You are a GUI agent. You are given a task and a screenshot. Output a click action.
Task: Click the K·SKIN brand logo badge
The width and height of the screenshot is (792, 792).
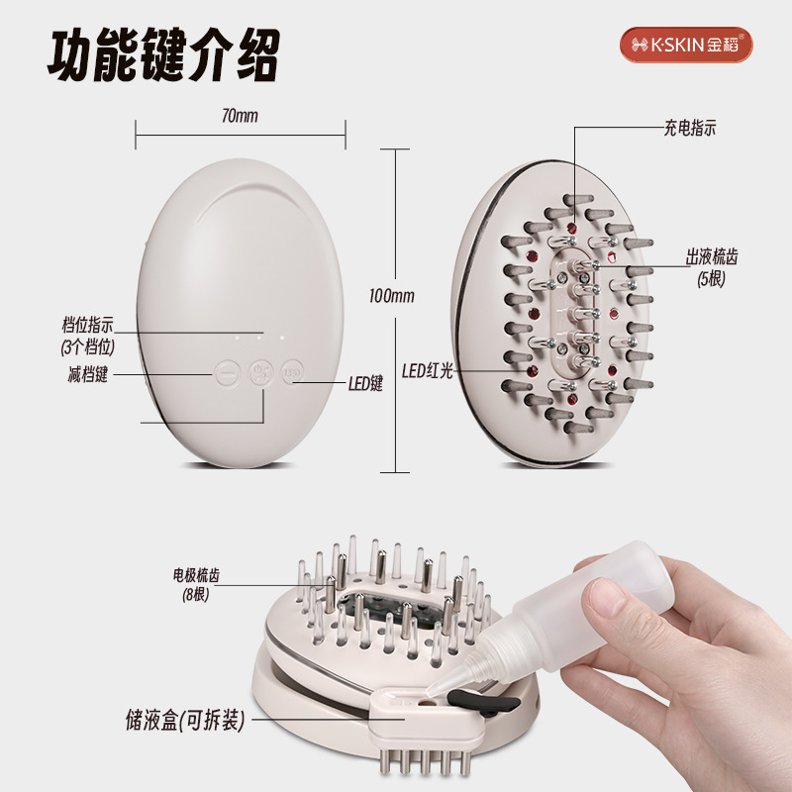[686, 45]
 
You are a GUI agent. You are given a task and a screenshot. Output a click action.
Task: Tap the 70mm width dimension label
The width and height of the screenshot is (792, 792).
[240, 116]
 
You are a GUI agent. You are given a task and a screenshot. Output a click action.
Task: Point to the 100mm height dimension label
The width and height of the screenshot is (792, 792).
[392, 295]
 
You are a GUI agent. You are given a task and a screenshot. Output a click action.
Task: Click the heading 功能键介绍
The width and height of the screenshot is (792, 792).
[163, 55]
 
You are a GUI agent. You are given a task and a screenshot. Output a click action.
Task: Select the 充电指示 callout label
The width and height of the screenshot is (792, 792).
[689, 128]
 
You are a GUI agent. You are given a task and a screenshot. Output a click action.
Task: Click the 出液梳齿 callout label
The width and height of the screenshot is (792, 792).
[711, 256]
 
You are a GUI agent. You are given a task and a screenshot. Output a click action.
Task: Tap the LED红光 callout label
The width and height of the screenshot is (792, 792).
[428, 371]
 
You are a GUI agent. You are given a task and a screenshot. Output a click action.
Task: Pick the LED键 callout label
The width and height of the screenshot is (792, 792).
[365, 383]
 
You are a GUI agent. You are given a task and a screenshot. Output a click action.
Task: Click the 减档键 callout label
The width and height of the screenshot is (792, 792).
[88, 374]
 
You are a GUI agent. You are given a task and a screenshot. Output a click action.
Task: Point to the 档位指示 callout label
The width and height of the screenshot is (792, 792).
[88, 325]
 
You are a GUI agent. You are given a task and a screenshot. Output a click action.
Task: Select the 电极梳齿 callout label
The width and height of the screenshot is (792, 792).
[196, 575]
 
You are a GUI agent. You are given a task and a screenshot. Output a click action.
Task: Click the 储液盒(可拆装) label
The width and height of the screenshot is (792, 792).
[185, 720]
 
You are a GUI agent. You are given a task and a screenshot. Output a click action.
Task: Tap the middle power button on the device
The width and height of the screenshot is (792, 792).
[260, 373]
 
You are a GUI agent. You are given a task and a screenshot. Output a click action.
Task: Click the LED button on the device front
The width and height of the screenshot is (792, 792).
[292, 373]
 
